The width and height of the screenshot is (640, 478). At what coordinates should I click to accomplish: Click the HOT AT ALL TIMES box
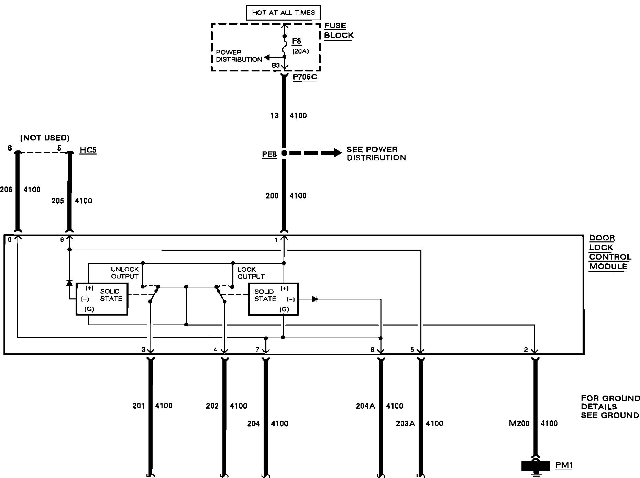click(x=283, y=13)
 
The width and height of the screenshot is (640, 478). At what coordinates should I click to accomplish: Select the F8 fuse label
click(x=296, y=42)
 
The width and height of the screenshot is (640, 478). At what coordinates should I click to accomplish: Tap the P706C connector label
click(x=305, y=77)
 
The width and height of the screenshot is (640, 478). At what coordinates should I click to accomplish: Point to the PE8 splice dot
click(x=284, y=153)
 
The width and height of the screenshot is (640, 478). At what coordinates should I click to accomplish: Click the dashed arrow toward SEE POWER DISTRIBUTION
click(x=315, y=153)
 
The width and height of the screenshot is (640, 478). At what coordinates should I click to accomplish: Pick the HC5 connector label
click(x=88, y=150)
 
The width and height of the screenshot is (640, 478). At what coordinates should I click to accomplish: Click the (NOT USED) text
click(x=45, y=138)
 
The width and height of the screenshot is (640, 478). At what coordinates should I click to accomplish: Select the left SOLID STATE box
click(x=102, y=299)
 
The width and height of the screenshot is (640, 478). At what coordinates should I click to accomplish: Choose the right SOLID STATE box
click(x=273, y=299)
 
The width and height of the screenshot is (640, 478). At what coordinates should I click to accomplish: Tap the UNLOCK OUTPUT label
click(x=125, y=273)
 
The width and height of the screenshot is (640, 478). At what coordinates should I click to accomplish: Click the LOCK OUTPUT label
click(x=251, y=273)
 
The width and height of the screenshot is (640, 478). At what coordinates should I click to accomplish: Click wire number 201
click(x=139, y=406)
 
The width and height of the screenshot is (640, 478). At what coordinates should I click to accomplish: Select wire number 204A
click(x=365, y=406)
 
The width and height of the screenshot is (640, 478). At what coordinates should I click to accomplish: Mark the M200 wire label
click(x=519, y=423)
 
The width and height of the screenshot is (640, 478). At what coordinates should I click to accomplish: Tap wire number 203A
click(x=405, y=423)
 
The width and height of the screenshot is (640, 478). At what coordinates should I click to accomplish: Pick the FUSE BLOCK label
click(x=338, y=31)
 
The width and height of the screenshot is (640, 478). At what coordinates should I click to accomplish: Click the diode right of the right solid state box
click(x=314, y=299)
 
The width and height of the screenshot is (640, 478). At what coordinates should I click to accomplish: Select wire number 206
click(x=6, y=190)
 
